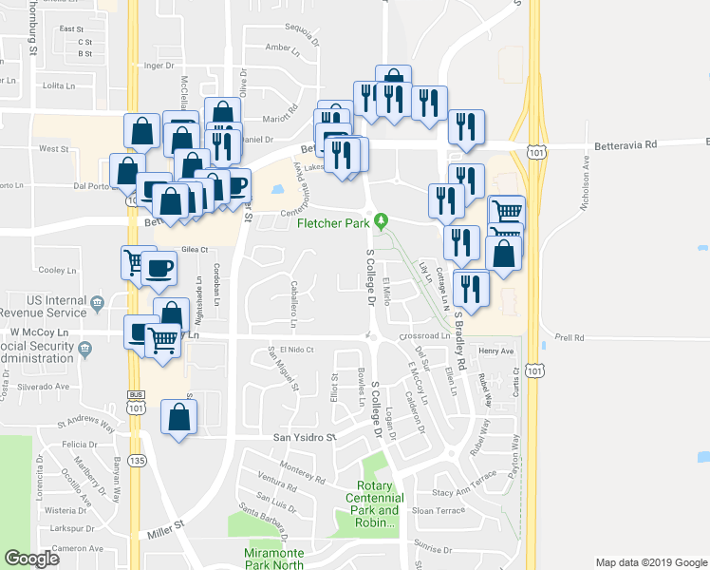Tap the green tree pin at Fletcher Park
(382, 221)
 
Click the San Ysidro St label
(305, 438)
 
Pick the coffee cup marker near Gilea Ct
(159, 267)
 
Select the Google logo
(32, 559)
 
